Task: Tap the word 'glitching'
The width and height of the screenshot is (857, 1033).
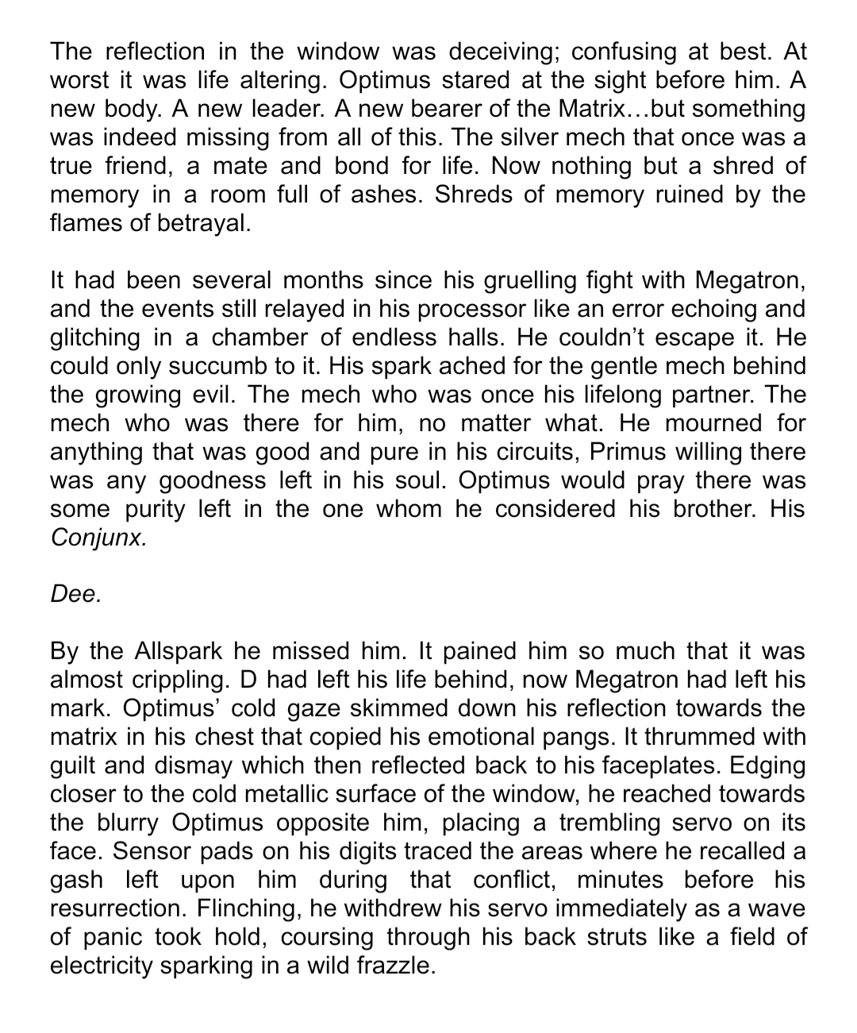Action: coord(94,337)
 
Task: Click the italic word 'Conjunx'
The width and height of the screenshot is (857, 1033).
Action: coord(98,538)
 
